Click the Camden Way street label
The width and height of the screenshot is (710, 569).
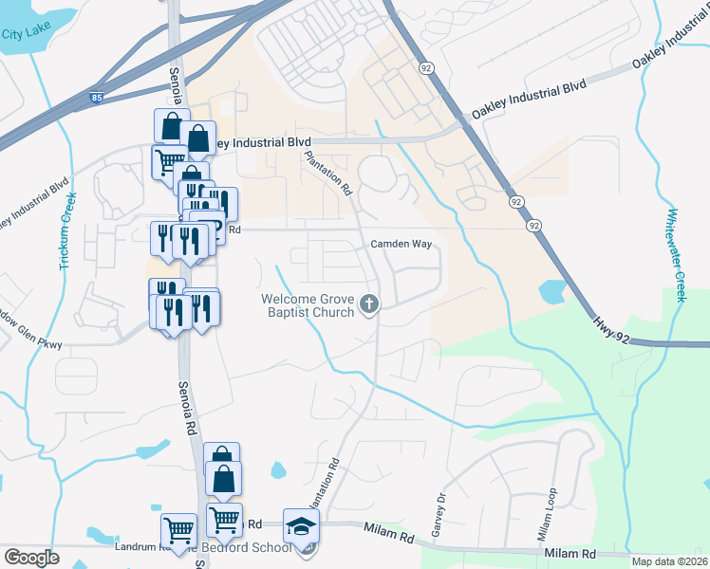[x=401, y=244]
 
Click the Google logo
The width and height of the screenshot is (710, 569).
[x=31, y=558]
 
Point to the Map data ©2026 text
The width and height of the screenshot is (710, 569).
[x=669, y=561]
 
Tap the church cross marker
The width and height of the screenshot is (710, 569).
[x=370, y=304]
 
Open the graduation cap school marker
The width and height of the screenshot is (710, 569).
[x=302, y=525]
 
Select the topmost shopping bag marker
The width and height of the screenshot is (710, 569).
[x=172, y=126]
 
